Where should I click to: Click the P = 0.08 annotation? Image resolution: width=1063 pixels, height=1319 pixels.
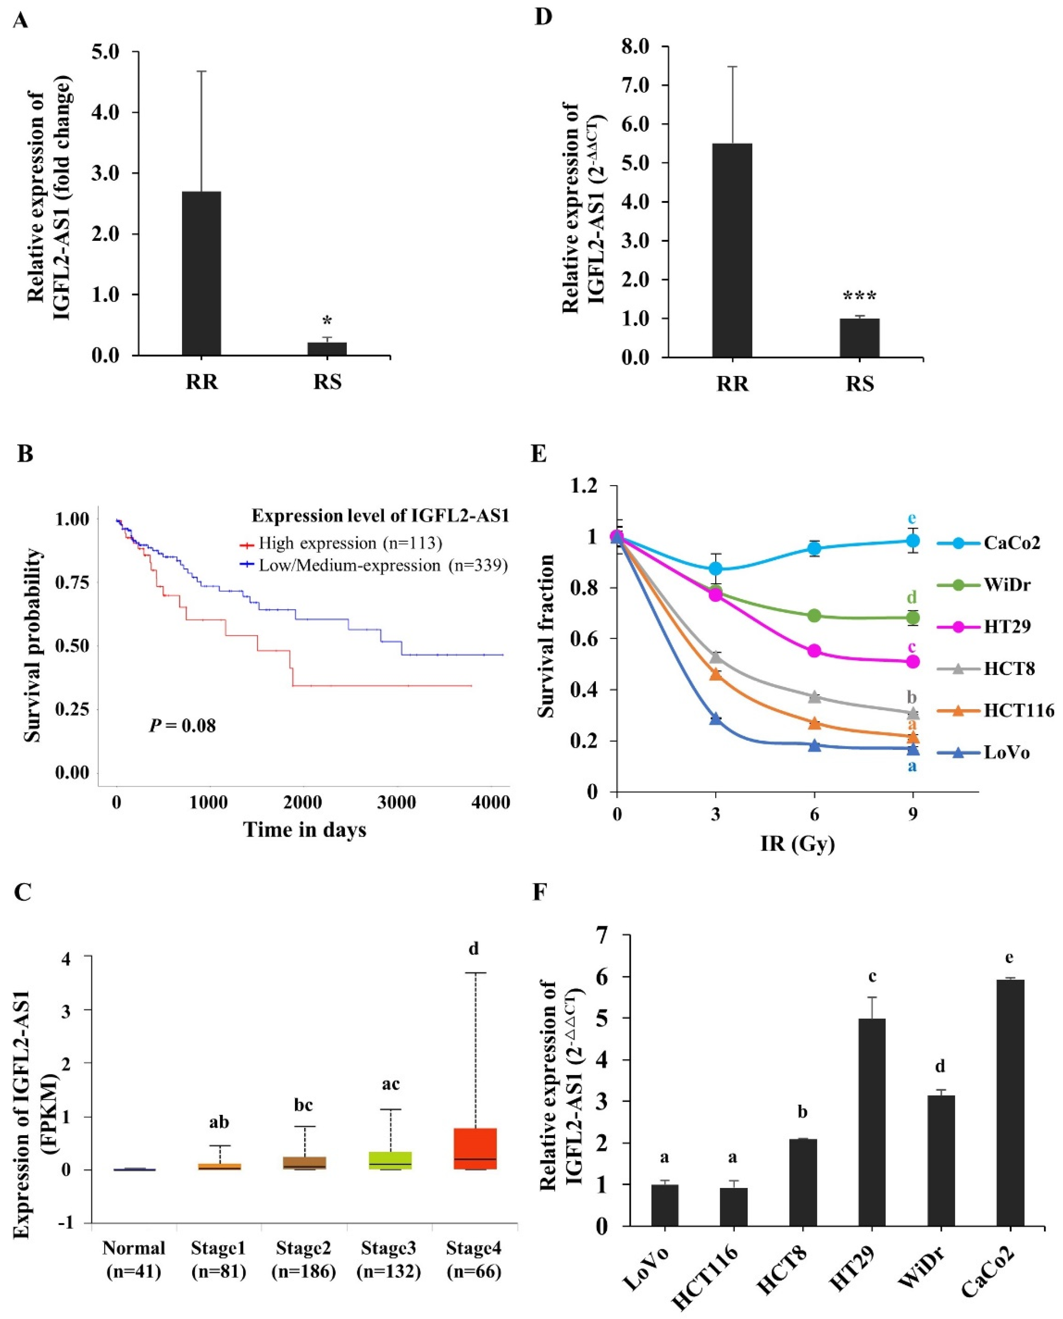(x=182, y=726)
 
